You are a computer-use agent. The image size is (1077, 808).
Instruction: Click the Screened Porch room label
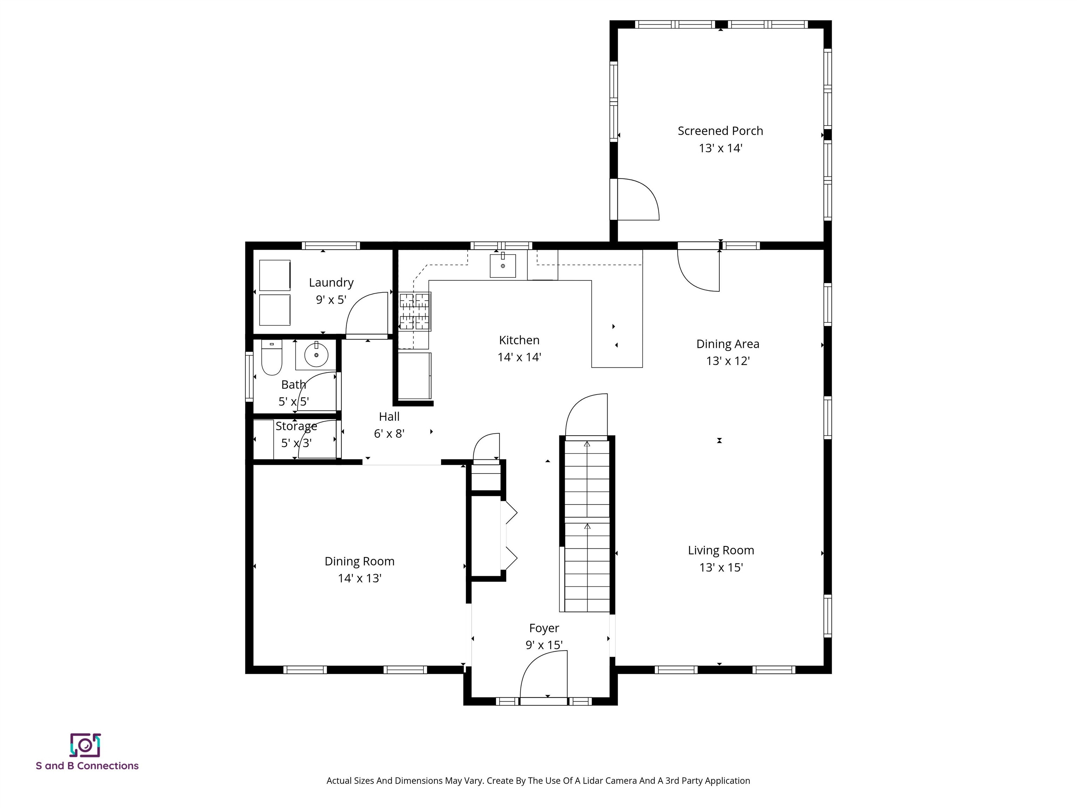720,131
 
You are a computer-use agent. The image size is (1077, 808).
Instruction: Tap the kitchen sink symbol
502,265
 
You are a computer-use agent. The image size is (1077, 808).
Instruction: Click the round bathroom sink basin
317,355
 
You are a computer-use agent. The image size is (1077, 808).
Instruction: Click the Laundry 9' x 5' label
331,291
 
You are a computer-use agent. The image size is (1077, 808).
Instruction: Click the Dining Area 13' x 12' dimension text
727,361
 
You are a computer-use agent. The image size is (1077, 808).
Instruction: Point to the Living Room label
720,550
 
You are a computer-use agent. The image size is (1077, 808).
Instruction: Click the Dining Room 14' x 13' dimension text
359,578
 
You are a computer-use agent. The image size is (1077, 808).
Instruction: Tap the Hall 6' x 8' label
389,425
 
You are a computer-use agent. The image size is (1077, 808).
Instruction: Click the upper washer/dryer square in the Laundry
275,275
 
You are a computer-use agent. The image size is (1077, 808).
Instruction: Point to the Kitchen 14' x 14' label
519,348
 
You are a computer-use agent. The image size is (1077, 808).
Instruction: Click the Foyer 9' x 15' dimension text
544,645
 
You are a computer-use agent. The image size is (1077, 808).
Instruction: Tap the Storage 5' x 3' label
296,435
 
